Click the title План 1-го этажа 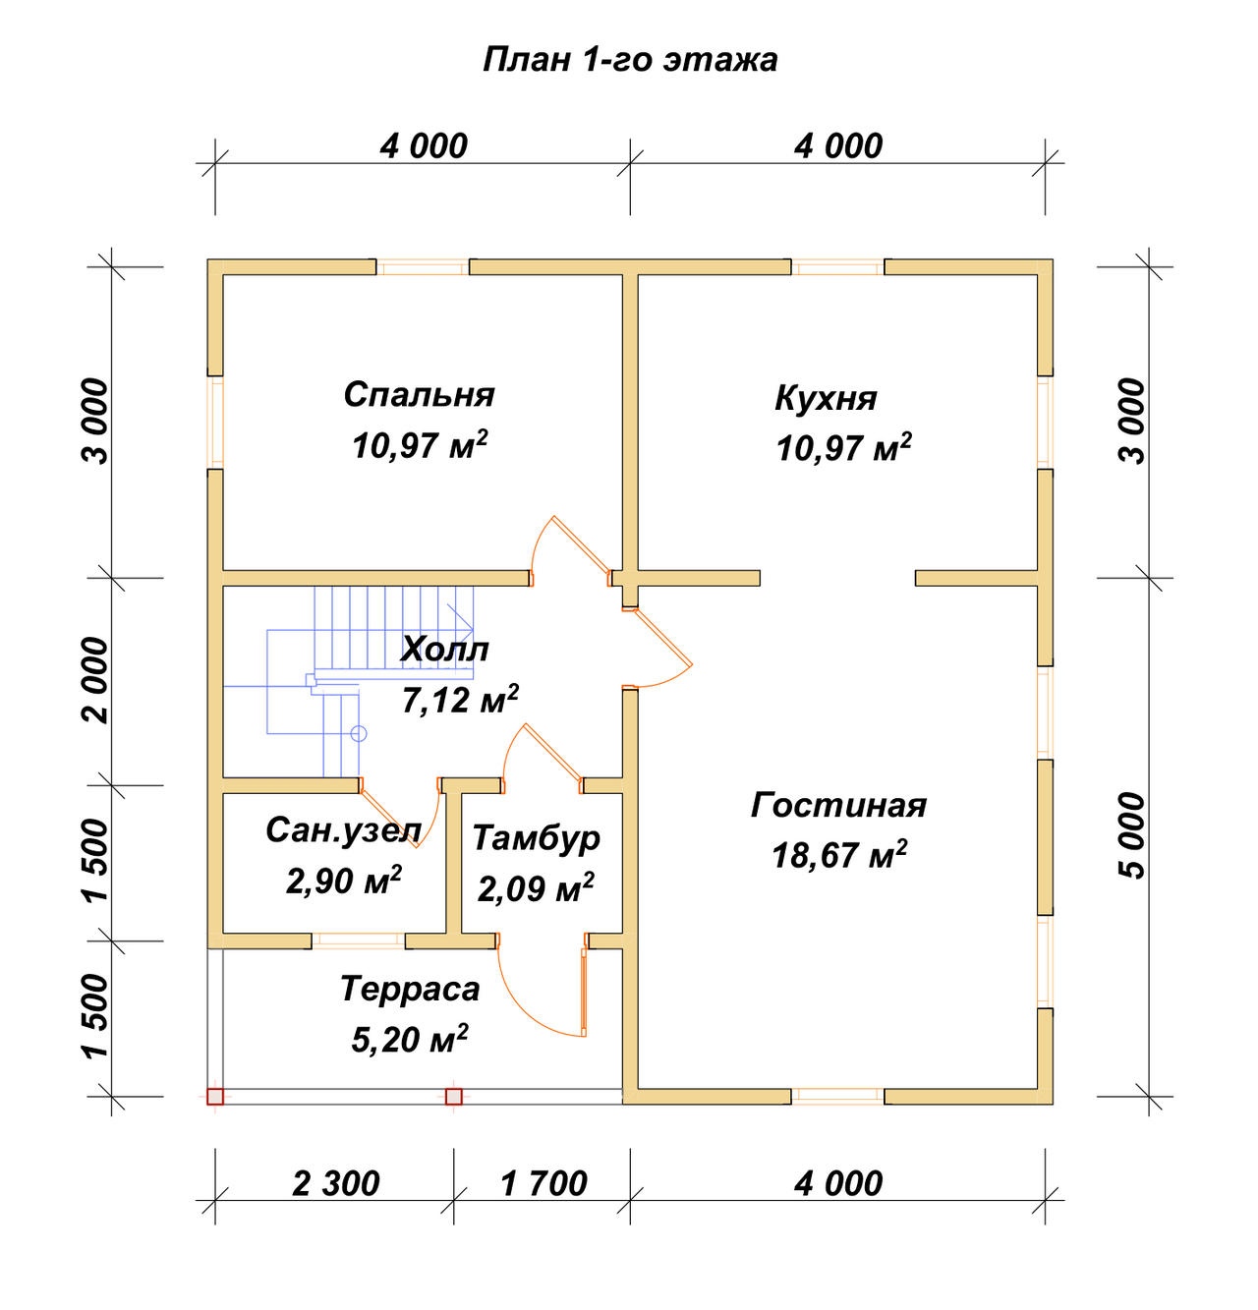[629, 60]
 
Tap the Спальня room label [419, 394]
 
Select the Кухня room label [826, 398]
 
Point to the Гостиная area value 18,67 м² [838, 855]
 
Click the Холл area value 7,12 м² [460, 699]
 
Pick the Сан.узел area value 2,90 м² [343, 880]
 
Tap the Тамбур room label [536, 839]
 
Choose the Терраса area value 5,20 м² [409, 1039]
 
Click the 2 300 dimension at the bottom [336, 1183]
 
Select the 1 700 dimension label [543, 1183]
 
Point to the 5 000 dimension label [1132, 835]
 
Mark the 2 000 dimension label [95, 681]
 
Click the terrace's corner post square [214, 1097]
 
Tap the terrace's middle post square [454, 1097]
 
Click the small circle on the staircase [359, 734]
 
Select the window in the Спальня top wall [422, 267]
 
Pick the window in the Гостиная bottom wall [837, 1097]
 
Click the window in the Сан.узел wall [358, 941]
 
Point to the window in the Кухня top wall [837, 267]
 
